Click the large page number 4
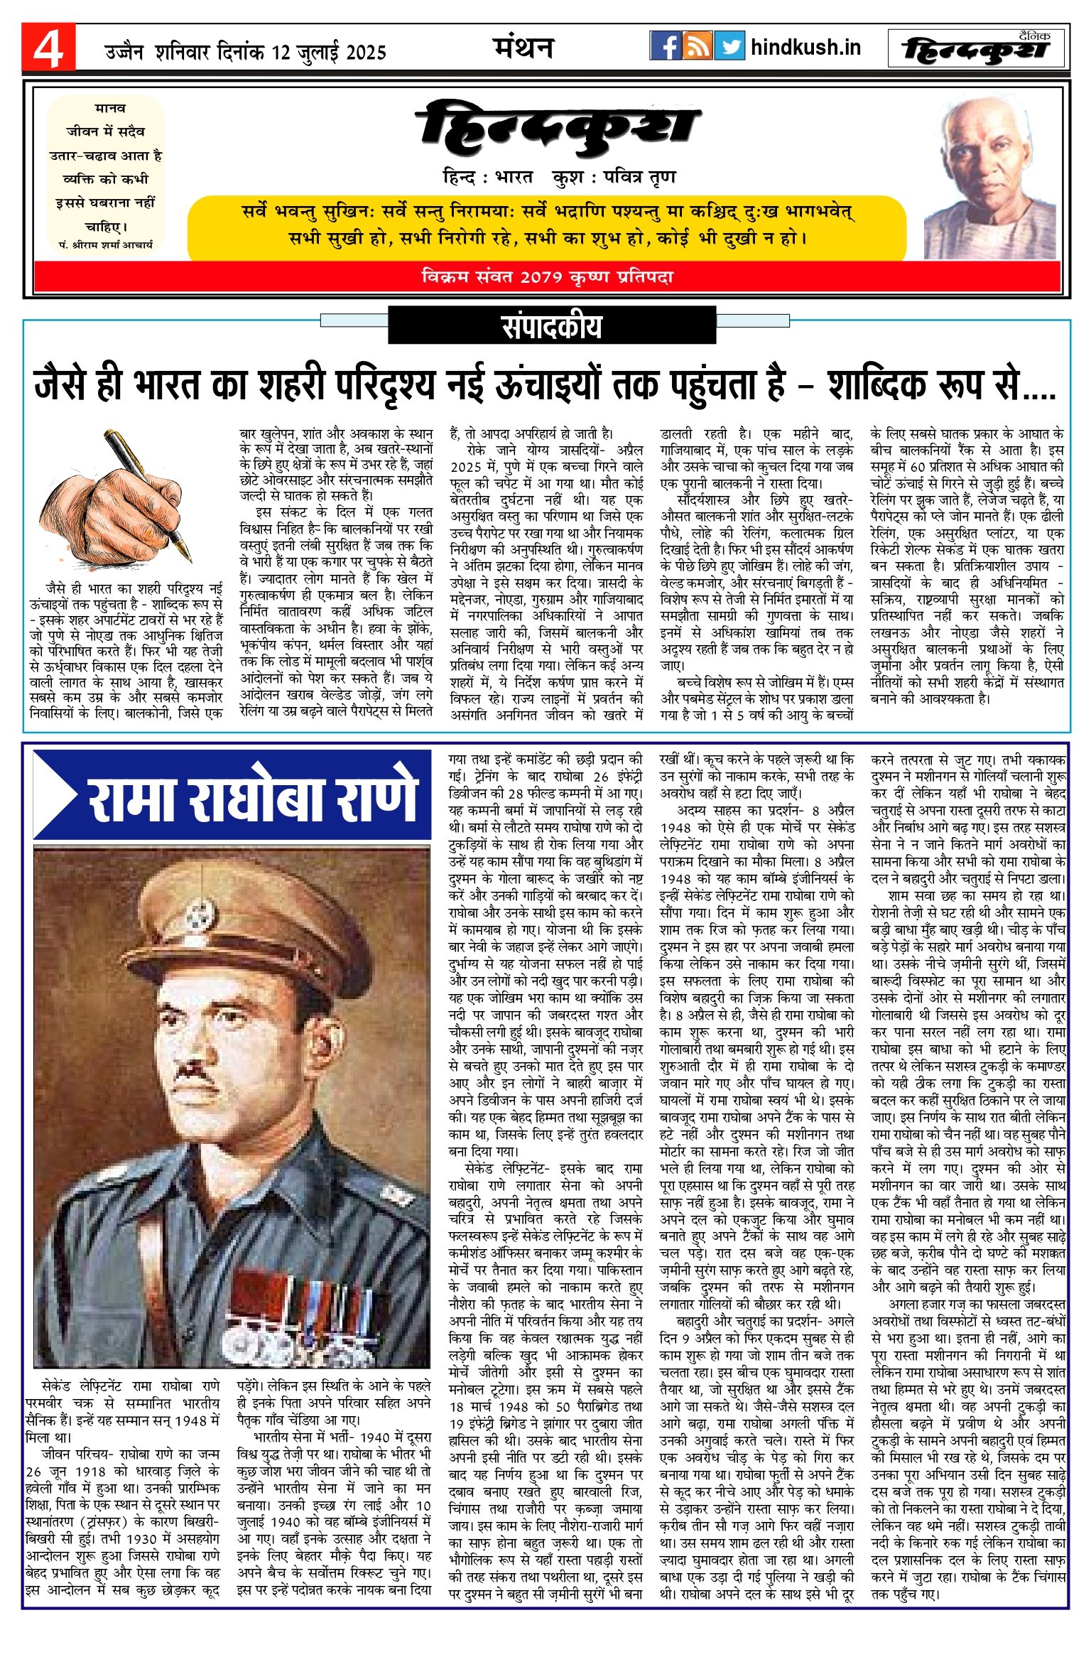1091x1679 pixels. (x=48, y=48)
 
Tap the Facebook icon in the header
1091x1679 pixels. (x=666, y=46)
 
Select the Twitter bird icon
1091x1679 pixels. (x=729, y=46)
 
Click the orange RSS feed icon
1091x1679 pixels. (x=698, y=46)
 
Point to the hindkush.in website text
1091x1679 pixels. (x=805, y=48)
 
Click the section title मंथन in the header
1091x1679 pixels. (x=523, y=48)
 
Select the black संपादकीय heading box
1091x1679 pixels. (x=551, y=326)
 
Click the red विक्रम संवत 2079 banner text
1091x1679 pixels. (x=547, y=277)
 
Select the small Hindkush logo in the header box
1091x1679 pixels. (x=978, y=49)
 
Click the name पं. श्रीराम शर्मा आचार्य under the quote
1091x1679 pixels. (x=106, y=244)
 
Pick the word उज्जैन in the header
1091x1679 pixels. (x=124, y=53)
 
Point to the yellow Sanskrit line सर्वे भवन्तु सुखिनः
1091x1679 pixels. (x=547, y=212)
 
